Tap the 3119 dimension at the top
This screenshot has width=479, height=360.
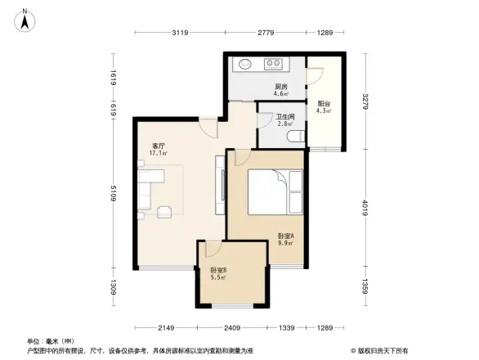tap(181, 33)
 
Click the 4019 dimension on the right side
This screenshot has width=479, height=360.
tap(365, 209)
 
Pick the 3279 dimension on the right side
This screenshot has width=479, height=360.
tap(365, 103)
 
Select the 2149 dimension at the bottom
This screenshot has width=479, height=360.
tap(168, 329)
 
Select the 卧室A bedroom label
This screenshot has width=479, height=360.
tap(286, 238)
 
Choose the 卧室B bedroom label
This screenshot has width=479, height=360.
tap(217, 273)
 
